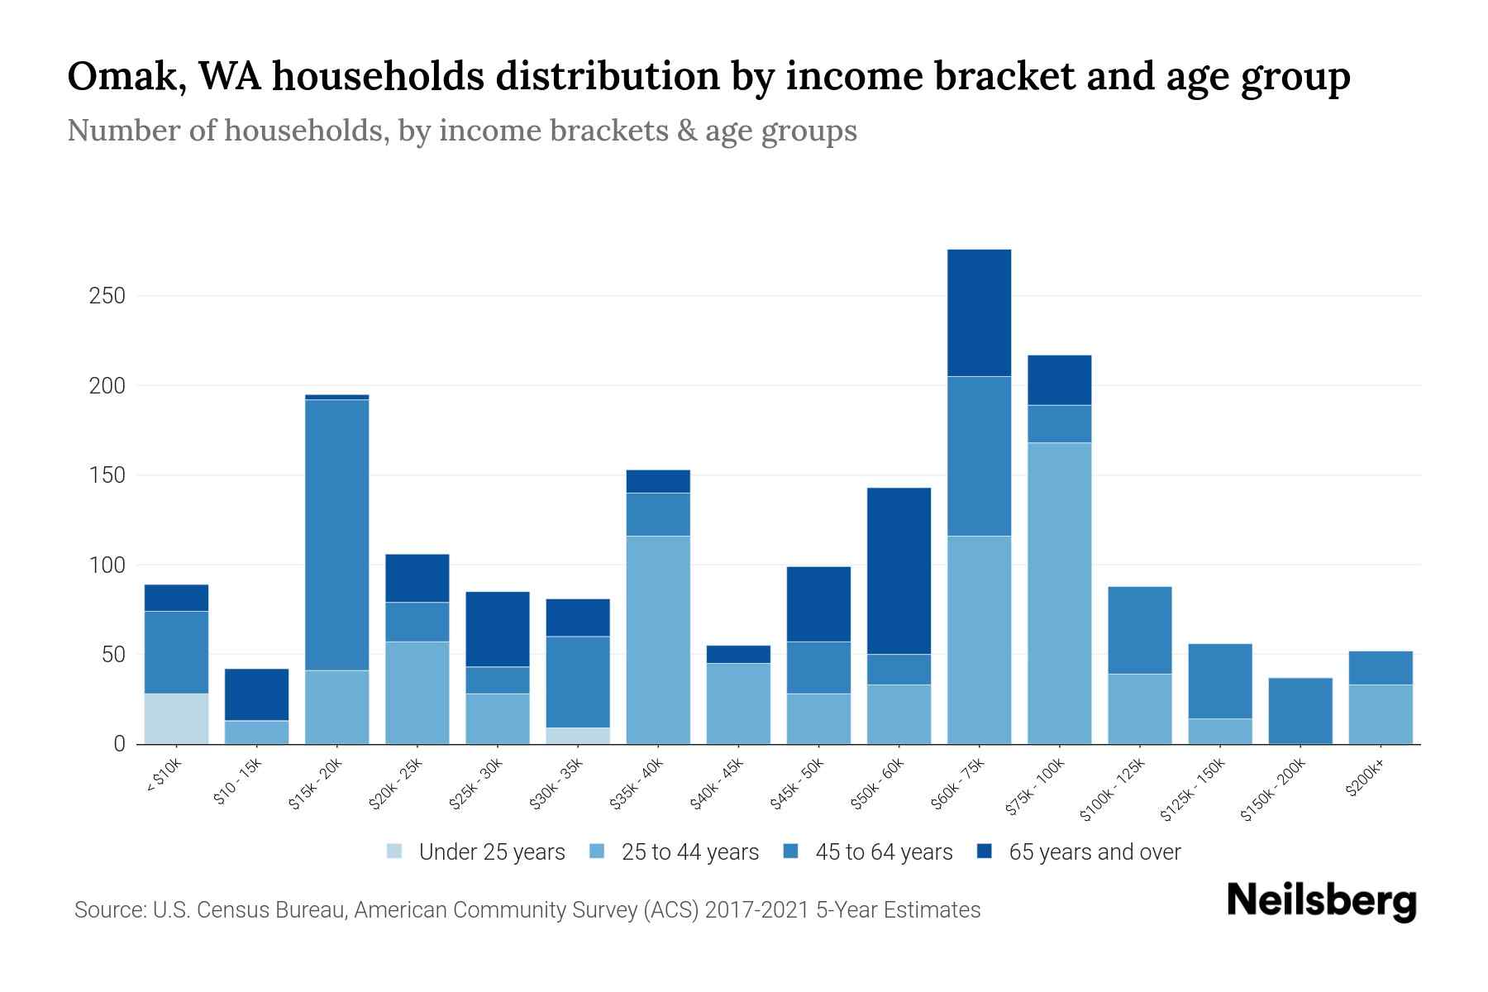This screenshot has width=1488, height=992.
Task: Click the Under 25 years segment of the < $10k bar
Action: click(176, 718)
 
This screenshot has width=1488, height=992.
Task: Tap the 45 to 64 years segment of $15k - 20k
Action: click(336, 534)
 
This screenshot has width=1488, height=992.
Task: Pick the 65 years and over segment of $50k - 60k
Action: click(899, 570)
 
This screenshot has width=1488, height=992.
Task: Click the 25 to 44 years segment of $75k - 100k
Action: click(1059, 593)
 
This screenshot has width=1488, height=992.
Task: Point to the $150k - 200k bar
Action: click(1300, 711)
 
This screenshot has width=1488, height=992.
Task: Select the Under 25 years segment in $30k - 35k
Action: click(578, 735)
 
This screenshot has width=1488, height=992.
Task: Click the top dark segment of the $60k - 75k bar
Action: click(979, 312)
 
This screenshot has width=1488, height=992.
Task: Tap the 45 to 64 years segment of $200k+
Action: click(1380, 668)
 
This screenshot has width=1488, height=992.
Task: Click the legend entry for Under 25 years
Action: click(492, 852)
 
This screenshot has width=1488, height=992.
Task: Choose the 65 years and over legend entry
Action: click(1095, 852)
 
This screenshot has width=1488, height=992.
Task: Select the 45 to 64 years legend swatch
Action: click(791, 851)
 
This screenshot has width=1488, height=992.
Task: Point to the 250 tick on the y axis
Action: click(107, 296)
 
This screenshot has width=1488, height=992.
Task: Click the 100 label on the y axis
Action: click(107, 565)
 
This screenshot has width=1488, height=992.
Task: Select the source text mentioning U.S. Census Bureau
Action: click(527, 910)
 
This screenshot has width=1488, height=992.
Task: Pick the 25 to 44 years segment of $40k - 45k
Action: click(738, 703)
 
